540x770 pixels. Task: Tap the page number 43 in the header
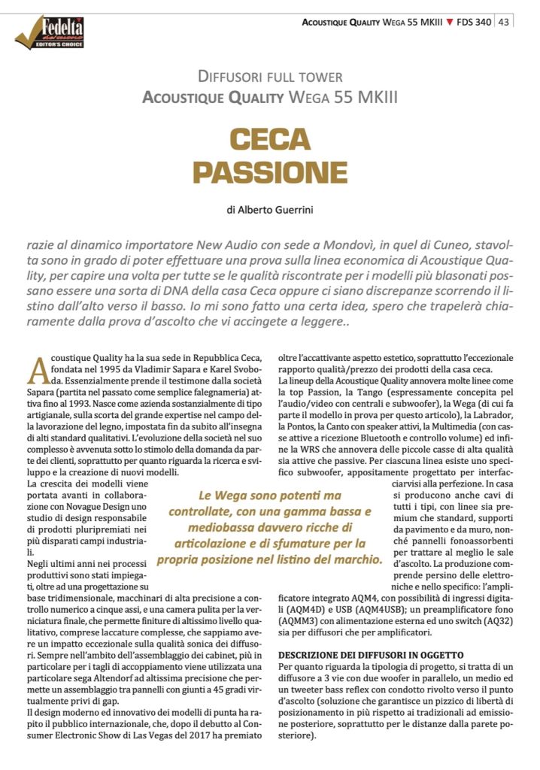504,22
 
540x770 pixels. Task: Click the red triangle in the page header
449,23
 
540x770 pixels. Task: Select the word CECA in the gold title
269,139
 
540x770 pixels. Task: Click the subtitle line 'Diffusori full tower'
269,77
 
